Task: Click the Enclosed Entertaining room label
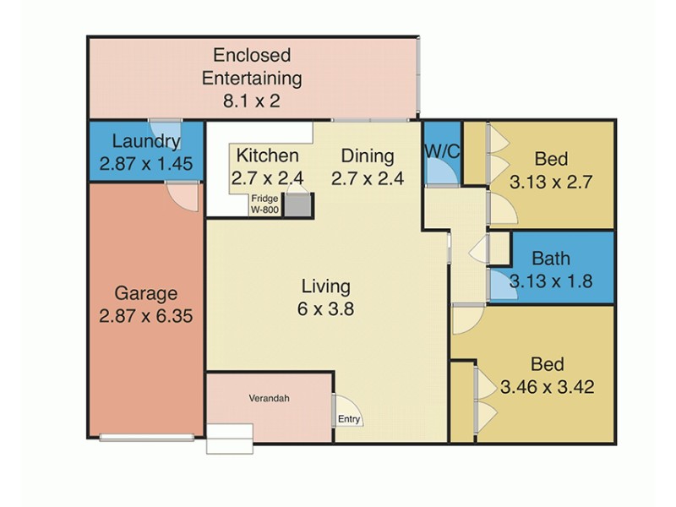pos(252,68)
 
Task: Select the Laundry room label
pos(146,142)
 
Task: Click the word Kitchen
pos(267,156)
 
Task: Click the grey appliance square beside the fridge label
pos(298,205)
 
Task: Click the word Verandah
pos(269,399)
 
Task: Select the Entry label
pos(349,419)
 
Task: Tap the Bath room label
pos(550,259)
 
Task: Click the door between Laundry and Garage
pos(182,194)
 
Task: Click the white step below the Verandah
pos(230,440)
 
